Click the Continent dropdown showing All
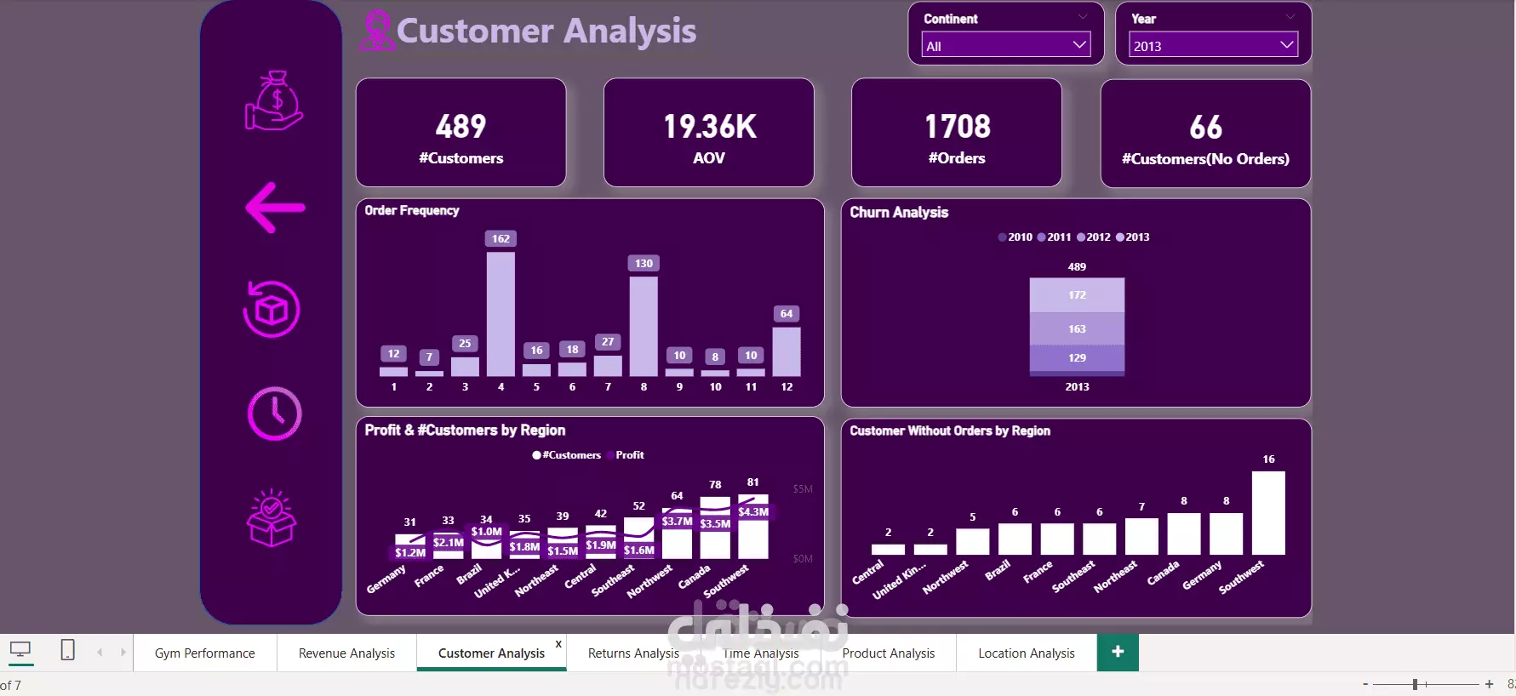(1005, 46)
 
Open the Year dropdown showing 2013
(1213, 46)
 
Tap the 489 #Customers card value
(461, 127)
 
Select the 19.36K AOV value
(709, 127)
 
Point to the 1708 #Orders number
(958, 127)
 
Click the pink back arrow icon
(275, 208)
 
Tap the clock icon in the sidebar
(274, 414)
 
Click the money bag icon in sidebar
(274, 100)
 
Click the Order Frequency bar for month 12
(787, 351)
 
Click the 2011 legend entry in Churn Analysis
(1055, 237)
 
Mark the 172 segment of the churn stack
(1077, 295)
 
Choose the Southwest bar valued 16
(1268, 512)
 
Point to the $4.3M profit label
(753, 512)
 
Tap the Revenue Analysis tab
(346, 653)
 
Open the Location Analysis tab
(1026, 653)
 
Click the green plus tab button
(1118, 652)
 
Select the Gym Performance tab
(204, 653)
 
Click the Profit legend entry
(629, 455)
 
